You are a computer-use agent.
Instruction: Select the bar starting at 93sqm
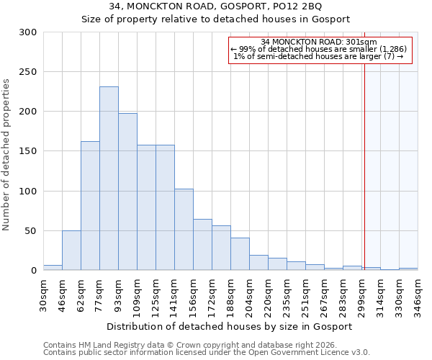pos(127,192)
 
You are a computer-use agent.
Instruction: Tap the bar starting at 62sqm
pos(90,205)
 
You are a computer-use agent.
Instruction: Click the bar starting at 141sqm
pos(184,229)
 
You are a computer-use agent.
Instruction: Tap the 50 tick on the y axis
pos(31,231)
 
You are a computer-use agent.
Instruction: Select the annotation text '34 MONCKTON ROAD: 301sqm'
pos(319,42)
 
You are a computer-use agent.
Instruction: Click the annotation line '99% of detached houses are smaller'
pos(319,49)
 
